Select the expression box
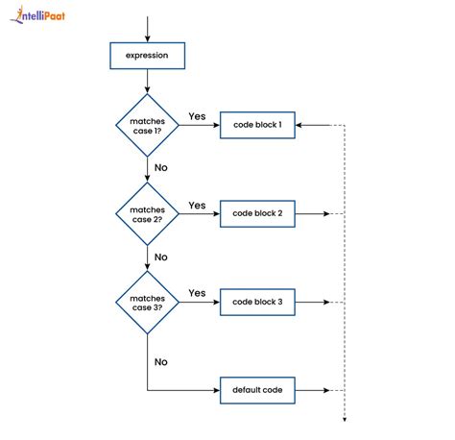(x=147, y=56)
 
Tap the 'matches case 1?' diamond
(x=147, y=125)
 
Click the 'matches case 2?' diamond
(x=147, y=214)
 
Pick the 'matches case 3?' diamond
(x=147, y=303)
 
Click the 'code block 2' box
(x=257, y=213)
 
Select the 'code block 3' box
(x=257, y=303)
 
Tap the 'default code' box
(x=257, y=390)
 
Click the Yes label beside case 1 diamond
(x=197, y=116)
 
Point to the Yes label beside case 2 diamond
(x=197, y=205)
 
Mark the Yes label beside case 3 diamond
(x=197, y=293)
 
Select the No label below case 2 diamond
(x=161, y=257)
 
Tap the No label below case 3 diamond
(x=161, y=362)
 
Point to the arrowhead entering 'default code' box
(x=216, y=390)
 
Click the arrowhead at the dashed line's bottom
(x=344, y=419)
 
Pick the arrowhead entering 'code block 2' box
(x=216, y=213)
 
